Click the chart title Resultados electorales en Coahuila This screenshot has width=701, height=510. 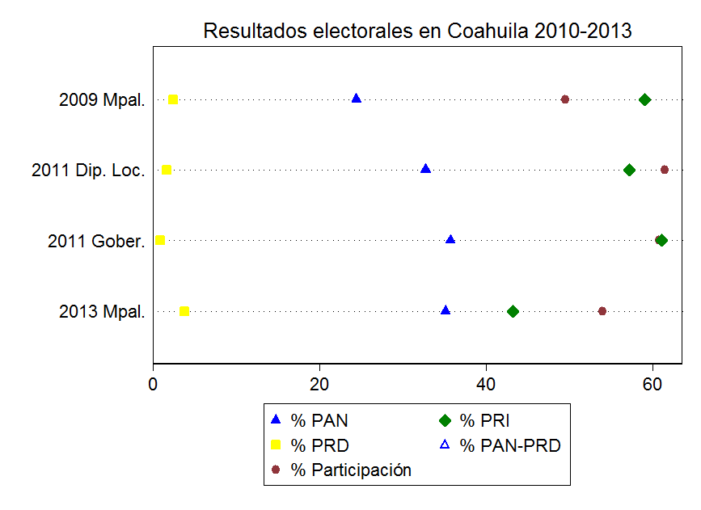click(x=416, y=31)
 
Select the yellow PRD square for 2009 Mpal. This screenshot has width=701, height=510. click(x=172, y=99)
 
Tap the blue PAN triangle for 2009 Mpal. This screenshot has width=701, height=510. click(x=357, y=99)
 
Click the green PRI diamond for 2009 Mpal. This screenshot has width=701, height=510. click(x=644, y=99)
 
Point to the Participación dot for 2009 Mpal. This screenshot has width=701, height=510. click(x=565, y=99)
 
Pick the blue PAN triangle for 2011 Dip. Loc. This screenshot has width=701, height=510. click(x=426, y=169)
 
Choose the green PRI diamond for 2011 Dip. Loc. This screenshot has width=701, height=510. click(x=629, y=170)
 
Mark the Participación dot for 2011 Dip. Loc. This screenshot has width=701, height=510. click(x=665, y=170)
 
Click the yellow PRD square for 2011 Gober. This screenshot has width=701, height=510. click(x=160, y=240)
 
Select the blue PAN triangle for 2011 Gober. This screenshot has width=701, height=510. click(x=450, y=239)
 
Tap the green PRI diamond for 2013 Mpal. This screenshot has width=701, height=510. click(x=513, y=311)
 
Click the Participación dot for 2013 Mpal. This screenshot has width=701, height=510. click(x=602, y=311)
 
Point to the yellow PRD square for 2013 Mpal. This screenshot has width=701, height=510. click(x=184, y=311)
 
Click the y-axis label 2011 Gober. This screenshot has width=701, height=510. click(x=96, y=241)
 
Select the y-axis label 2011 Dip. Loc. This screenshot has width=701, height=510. click(x=88, y=171)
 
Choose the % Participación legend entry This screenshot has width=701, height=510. click(x=351, y=470)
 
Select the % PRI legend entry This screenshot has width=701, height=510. click(x=484, y=420)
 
